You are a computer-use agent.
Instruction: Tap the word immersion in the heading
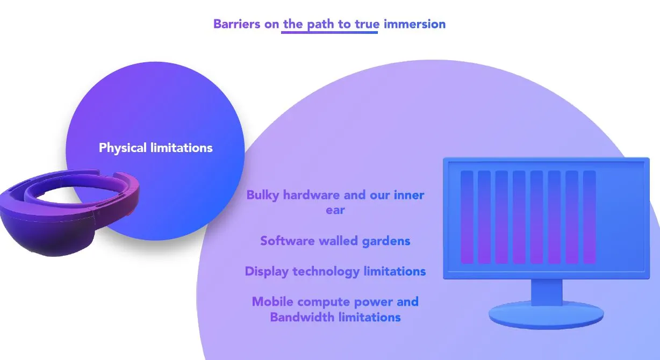(x=414, y=24)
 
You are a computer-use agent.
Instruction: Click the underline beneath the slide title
(x=329, y=33)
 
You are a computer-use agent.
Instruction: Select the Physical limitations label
(x=156, y=148)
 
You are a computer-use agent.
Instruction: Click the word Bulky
(x=263, y=195)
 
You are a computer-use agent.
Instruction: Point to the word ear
(x=335, y=210)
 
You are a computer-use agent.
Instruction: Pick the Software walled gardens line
(x=335, y=241)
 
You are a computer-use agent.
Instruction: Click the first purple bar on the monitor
(x=467, y=217)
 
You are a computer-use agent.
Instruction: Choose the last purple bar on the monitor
(x=590, y=217)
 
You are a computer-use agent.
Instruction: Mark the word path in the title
(x=321, y=24)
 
